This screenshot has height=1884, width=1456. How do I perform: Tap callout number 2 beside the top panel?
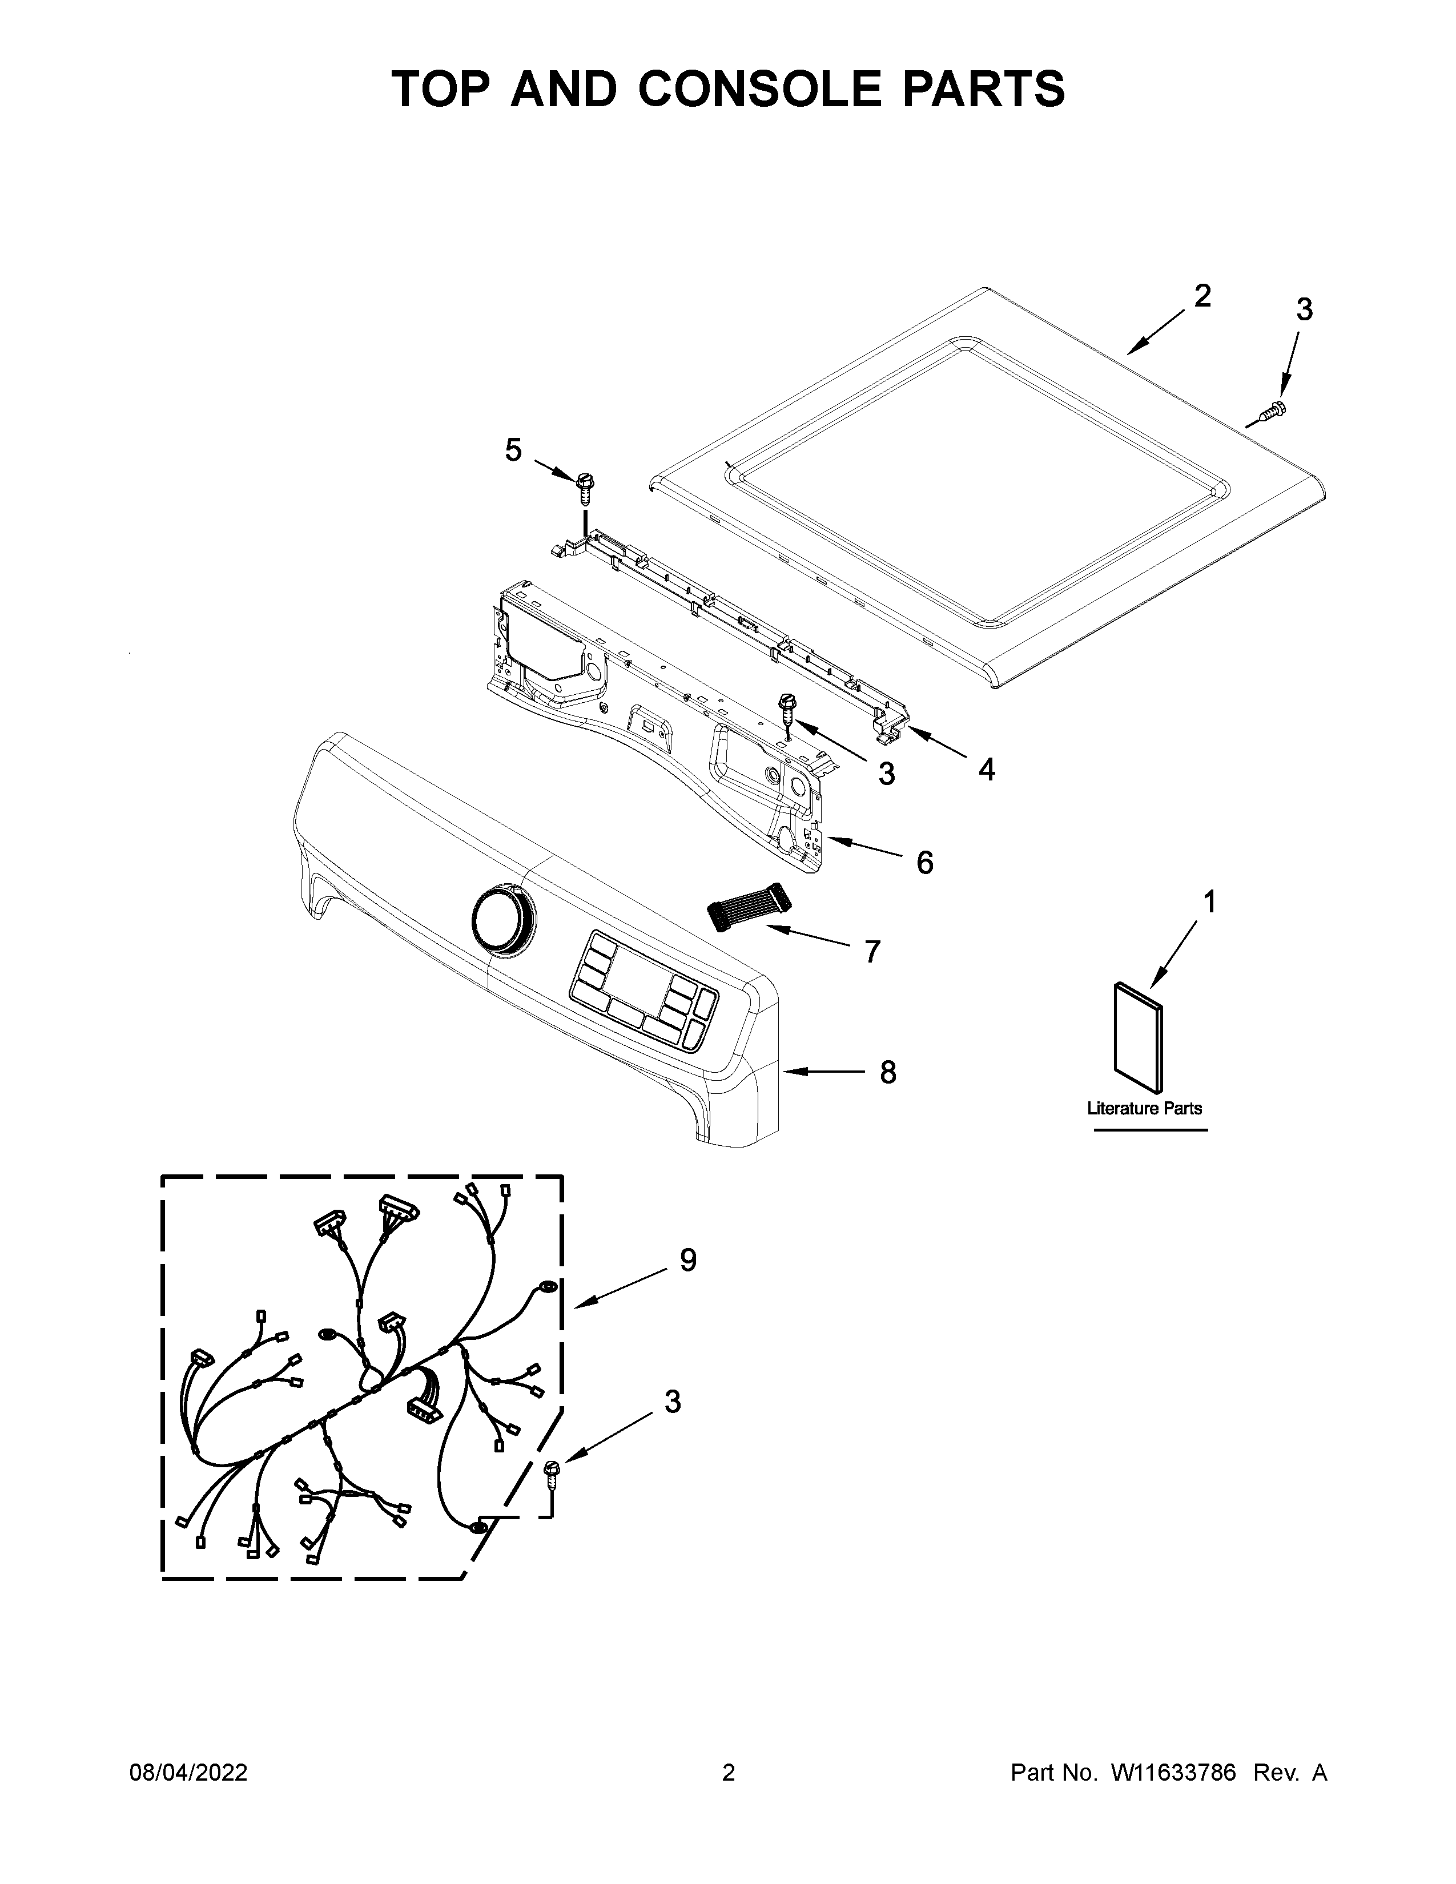[x=1201, y=297]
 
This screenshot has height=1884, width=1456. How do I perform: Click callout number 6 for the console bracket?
[x=924, y=862]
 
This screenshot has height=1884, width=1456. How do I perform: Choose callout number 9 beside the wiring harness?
[x=687, y=1261]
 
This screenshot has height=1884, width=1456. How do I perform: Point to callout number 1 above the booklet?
[x=1209, y=902]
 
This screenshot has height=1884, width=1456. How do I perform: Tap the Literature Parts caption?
[x=1144, y=1109]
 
